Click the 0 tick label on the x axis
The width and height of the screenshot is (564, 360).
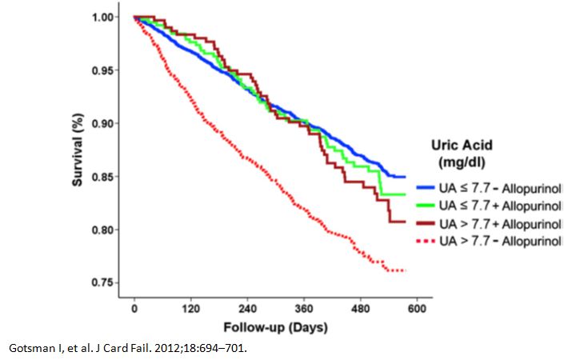(x=134, y=310)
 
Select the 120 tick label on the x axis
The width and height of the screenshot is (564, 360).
(x=190, y=310)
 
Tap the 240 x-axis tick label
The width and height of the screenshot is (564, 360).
(x=247, y=310)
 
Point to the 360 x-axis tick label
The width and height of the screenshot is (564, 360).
(x=303, y=310)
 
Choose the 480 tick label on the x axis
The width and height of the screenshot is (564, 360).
(x=360, y=310)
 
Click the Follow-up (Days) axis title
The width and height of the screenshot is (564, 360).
(x=276, y=327)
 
